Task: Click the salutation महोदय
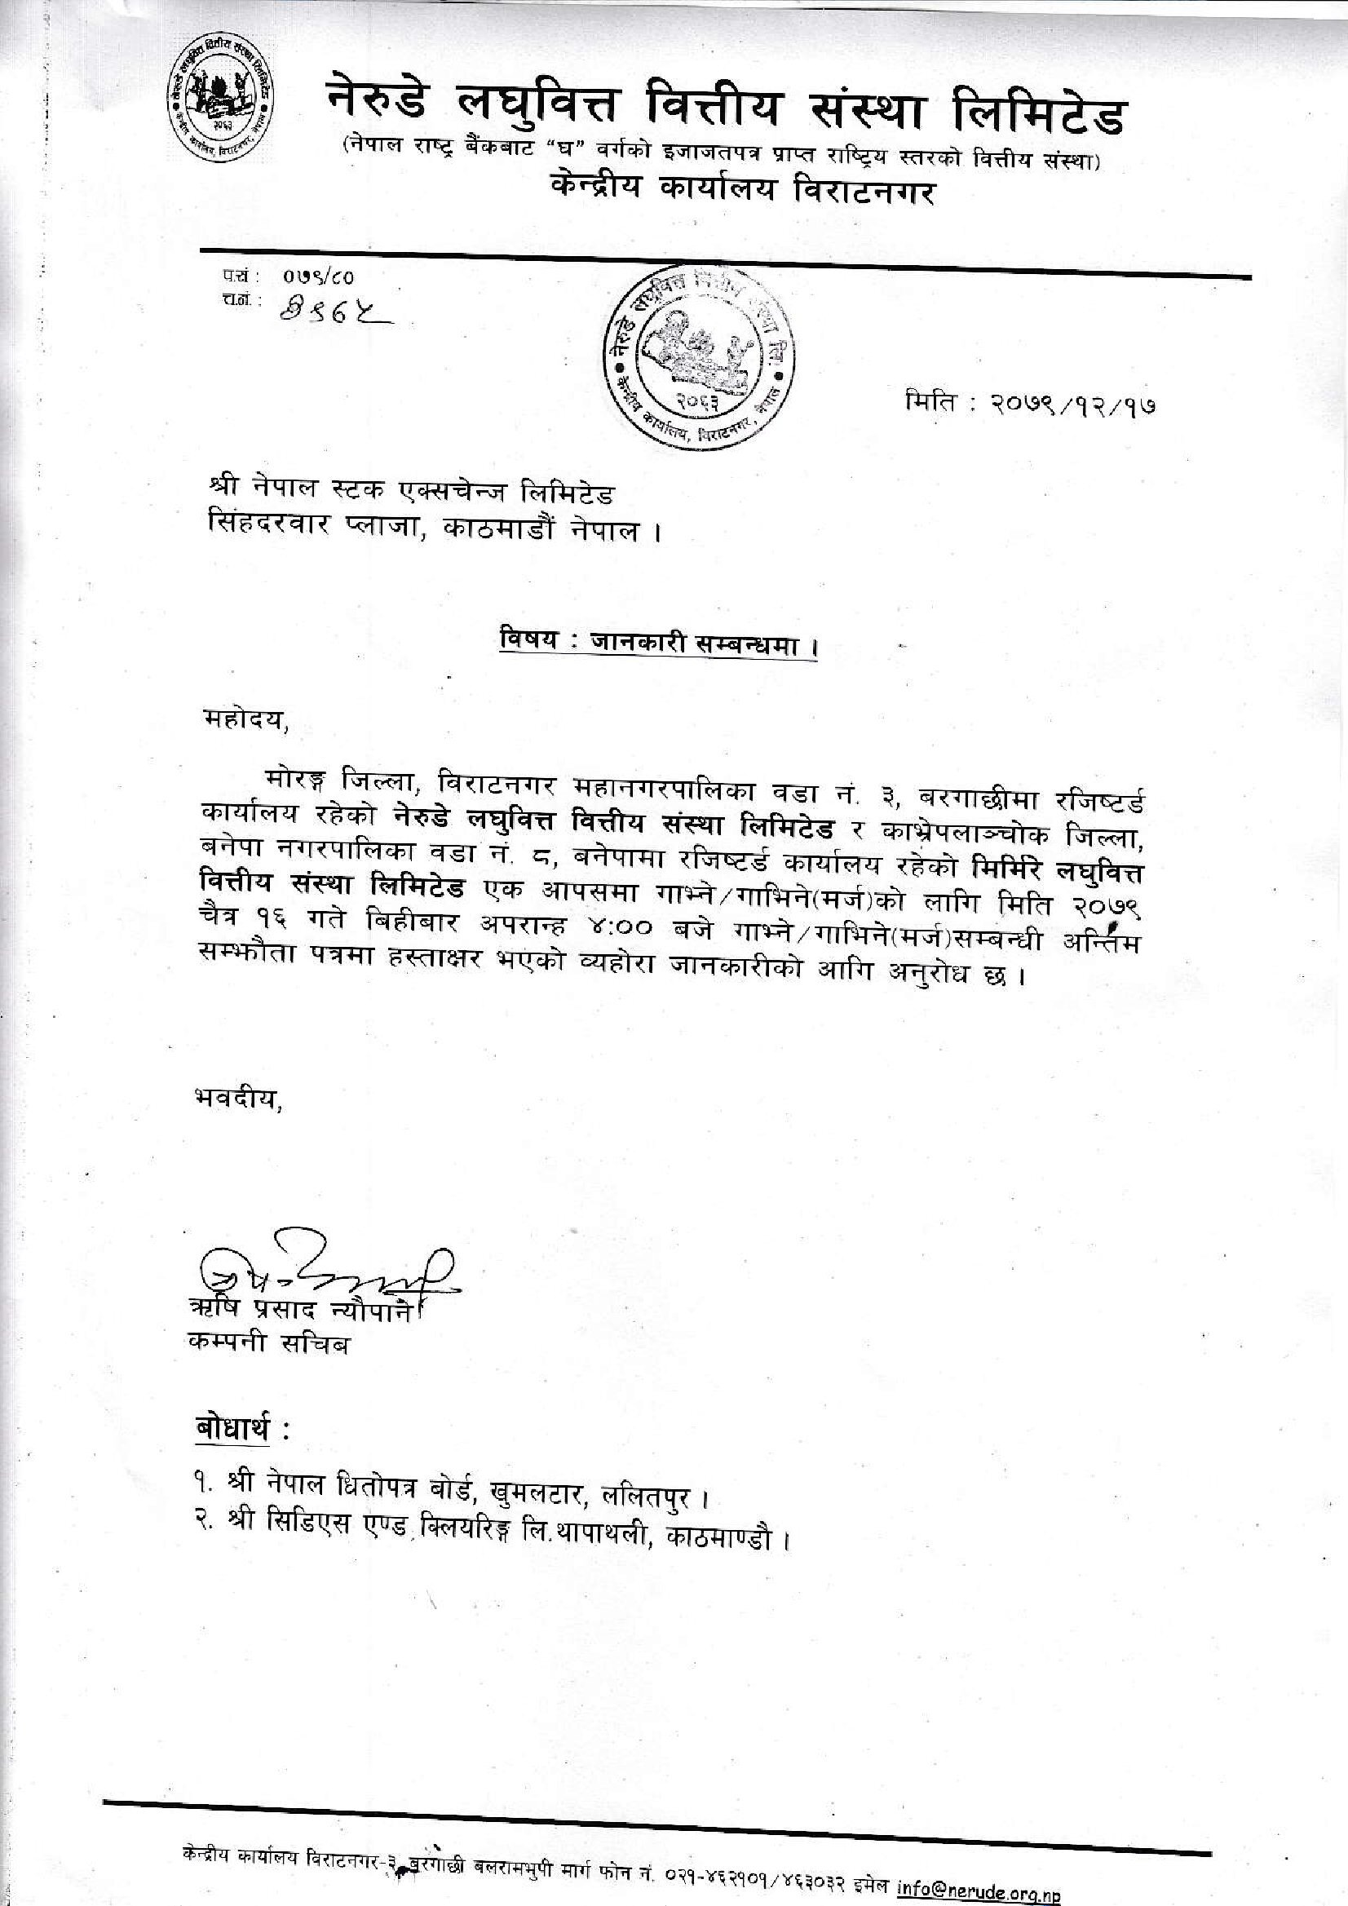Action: (x=246, y=722)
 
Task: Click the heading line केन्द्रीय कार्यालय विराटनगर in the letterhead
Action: (x=743, y=192)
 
